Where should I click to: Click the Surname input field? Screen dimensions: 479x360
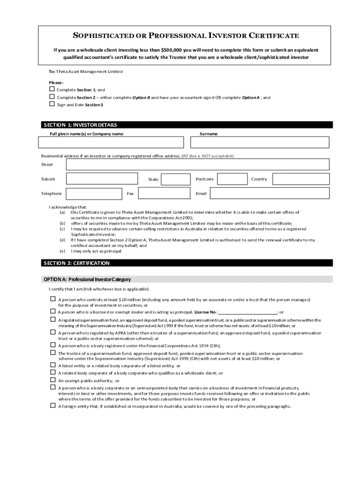(260, 143)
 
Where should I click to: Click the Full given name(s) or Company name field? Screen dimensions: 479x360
(114, 143)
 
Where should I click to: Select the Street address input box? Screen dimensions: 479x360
(197, 165)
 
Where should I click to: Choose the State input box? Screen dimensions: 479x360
(175, 180)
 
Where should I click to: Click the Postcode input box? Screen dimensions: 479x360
(232, 179)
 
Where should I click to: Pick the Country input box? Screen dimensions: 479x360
(301, 179)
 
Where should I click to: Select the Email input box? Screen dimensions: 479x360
(269, 194)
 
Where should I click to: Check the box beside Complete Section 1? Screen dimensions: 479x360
(52, 89)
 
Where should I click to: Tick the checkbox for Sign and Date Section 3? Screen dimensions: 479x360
(52, 104)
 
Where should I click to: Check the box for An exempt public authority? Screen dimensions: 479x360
(53, 380)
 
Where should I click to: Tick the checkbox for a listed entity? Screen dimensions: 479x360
(53, 365)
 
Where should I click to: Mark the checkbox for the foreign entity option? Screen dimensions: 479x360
(53, 406)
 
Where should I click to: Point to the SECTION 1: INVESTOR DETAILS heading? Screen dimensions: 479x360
(80, 125)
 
